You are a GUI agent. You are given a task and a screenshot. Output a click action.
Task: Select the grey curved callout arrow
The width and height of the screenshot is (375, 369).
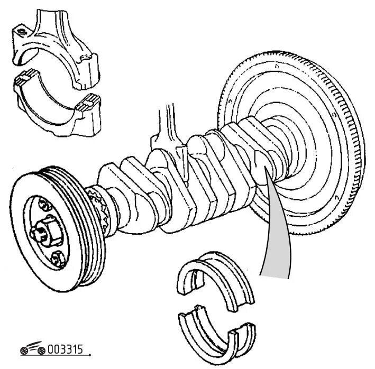coord(275,233)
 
